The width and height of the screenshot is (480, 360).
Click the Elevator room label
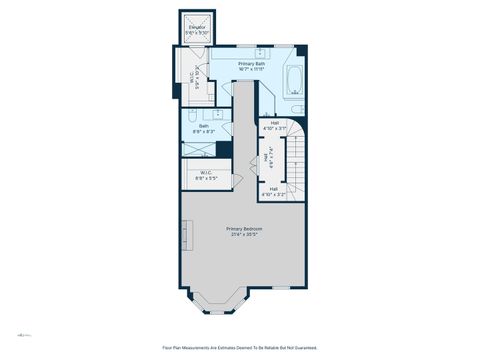pyautogui.click(x=196, y=30)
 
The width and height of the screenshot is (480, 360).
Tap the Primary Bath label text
pyautogui.click(x=251, y=63)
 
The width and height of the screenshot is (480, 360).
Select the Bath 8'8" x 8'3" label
pyautogui.click(x=203, y=128)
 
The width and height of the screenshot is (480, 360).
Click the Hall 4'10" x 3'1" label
pyautogui.click(x=275, y=125)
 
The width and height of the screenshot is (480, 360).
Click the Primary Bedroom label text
pyautogui.click(x=245, y=229)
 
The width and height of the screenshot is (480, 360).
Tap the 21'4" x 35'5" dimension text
pyautogui.click(x=245, y=235)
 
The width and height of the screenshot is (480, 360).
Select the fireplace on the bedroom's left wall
pyautogui.click(x=185, y=237)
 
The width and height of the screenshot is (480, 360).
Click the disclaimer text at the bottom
pyautogui.click(x=240, y=348)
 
